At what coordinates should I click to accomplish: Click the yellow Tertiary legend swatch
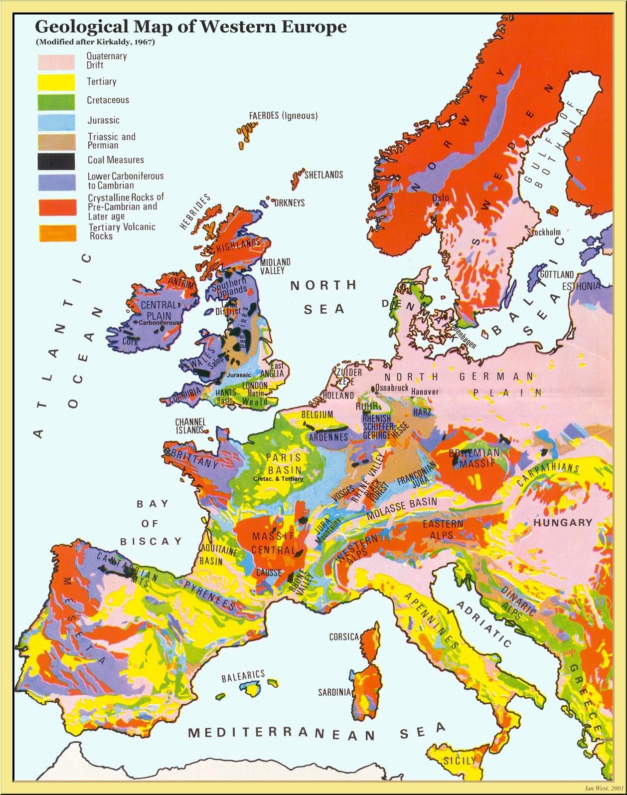pyautogui.click(x=57, y=82)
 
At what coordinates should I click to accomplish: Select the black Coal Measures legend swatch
pyautogui.click(x=57, y=161)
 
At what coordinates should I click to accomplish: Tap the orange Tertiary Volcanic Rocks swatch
pyautogui.click(x=57, y=233)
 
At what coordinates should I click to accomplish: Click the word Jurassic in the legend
pyautogui.click(x=104, y=120)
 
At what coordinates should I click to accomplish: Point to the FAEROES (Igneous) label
pyautogui.click(x=283, y=116)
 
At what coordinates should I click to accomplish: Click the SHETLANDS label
pyautogui.click(x=323, y=175)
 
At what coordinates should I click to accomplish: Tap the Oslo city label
pyautogui.click(x=441, y=198)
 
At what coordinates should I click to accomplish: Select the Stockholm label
pyautogui.click(x=544, y=232)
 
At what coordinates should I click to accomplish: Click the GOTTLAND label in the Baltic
pyautogui.click(x=557, y=275)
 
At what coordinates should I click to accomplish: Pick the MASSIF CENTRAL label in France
pyautogui.click(x=273, y=543)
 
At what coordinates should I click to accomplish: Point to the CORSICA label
pyautogui.click(x=344, y=637)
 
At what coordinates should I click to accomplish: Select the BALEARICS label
pyautogui.click(x=243, y=676)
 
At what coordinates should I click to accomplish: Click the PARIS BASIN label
pyautogui.click(x=284, y=464)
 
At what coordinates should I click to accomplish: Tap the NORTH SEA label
pyautogui.click(x=324, y=297)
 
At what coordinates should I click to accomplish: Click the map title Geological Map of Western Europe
pyautogui.click(x=190, y=26)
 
